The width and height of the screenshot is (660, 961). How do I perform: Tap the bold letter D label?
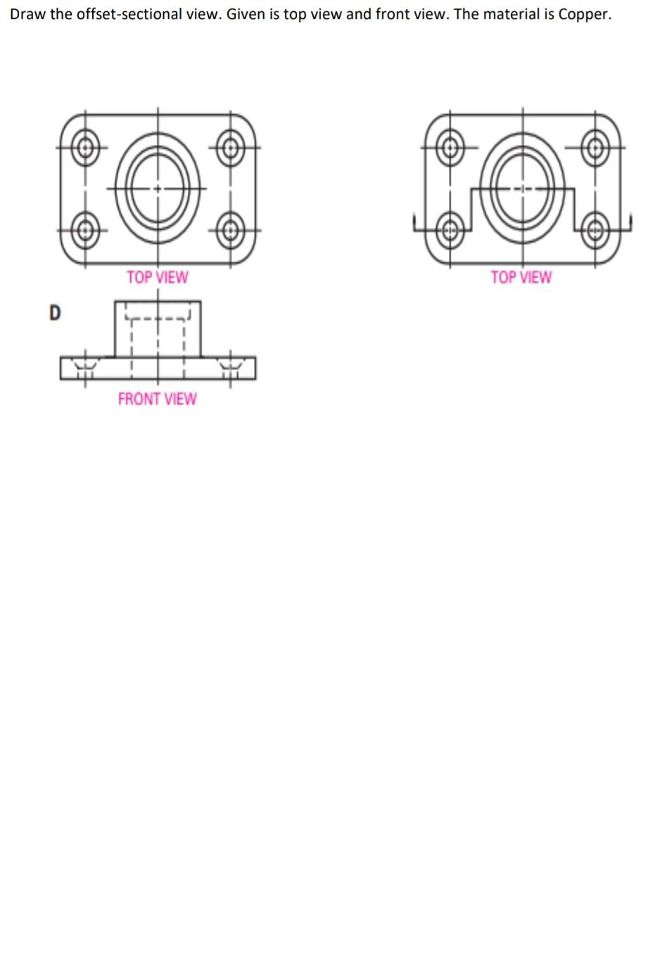point(55,312)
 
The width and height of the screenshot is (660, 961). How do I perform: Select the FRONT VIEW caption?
point(157,399)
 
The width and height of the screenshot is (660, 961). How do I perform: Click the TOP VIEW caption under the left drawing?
point(157,277)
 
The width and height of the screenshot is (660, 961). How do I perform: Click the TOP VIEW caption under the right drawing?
point(521,277)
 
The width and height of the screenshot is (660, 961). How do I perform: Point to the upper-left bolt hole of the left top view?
point(86,148)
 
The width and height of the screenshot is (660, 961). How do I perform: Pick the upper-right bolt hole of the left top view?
point(229,148)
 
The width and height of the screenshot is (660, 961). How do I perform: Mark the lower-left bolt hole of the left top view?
point(86,229)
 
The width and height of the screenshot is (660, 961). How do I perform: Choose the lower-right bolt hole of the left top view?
point(229,229)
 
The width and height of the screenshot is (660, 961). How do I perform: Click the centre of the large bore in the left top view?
point(158,188)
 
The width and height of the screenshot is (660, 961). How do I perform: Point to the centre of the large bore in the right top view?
point(522,188)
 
